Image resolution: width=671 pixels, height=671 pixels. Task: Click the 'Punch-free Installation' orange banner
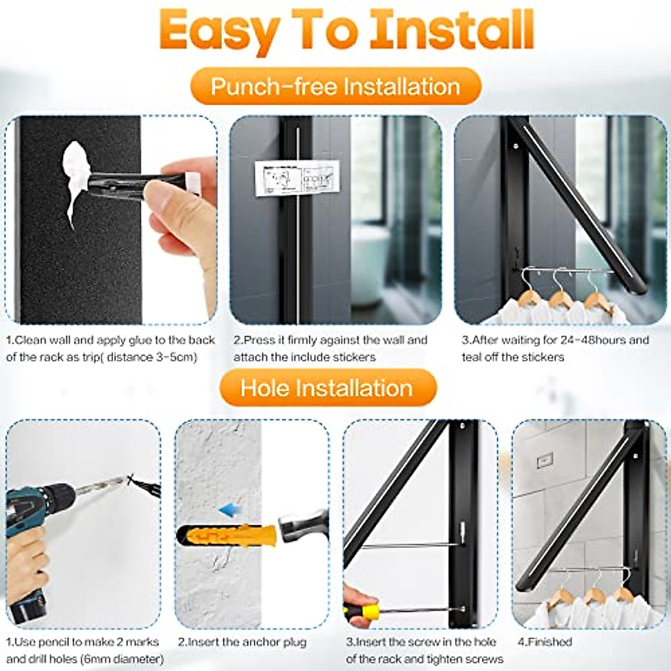(335, 87)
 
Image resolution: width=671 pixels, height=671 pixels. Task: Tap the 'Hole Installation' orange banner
(327, 388)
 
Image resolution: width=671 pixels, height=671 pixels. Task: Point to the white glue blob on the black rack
(78, 179)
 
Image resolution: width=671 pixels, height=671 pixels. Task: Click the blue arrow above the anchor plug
(226, 510)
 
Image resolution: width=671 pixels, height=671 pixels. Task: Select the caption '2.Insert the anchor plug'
(242, 642)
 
